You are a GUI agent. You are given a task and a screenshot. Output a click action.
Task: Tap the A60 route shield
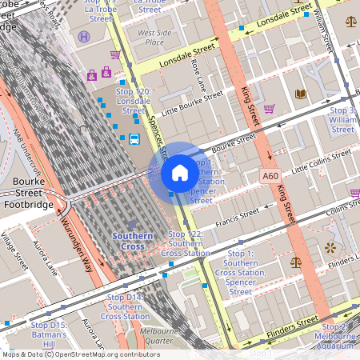point(270,175)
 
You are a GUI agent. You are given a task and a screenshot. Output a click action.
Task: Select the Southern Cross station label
point(132,241)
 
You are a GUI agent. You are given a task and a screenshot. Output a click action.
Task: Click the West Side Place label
point(155,38)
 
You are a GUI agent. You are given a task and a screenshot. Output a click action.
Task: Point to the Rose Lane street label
point(198,76)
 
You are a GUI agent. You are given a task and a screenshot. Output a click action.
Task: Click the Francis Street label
point(238,215)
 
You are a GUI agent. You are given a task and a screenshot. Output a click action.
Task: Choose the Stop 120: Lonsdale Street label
point(133,102)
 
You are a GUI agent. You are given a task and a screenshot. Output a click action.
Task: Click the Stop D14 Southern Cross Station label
point(125,306)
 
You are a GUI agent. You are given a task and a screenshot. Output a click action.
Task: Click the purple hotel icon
point(84,37)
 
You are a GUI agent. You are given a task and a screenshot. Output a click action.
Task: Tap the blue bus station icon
point(134,139)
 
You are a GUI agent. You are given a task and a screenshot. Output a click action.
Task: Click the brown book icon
point(301,94)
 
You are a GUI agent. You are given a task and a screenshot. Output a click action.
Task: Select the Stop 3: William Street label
point(342,119)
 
